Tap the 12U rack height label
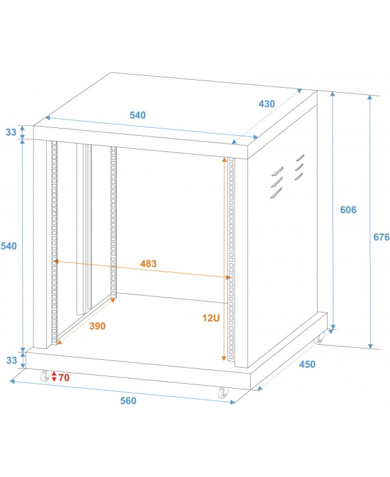pos(211,318)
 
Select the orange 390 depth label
pos(97,326)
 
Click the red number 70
pos(64,377)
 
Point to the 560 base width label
pos(128,401)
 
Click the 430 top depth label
pos(266,104)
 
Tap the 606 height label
pos(348,210)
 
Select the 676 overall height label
pos(381,237)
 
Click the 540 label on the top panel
pos(137,115)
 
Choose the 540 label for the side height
pos(9,246)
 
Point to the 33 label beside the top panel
pos(11,133)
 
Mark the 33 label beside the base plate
pos(11,360)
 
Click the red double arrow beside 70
pos(53,377)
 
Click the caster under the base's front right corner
pos(223,393)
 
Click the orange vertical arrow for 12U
pos(224,258)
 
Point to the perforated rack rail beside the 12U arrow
pos(232,258)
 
